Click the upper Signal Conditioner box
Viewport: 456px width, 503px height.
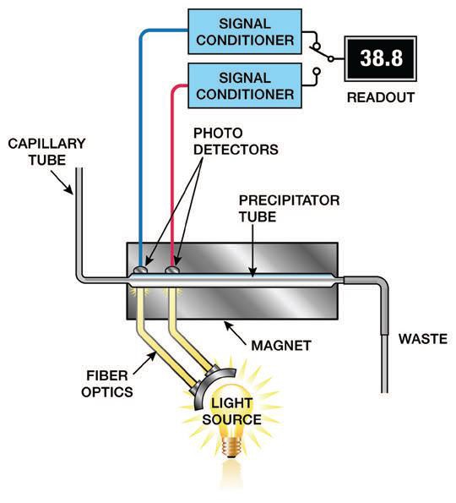coord(245,31)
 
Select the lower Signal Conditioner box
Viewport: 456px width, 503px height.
coord(245,85)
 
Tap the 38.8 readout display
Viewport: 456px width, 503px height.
coord(381,58)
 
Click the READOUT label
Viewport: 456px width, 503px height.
coord(381,97)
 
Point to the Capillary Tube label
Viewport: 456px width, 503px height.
coord(46,151)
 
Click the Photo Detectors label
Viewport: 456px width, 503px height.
coord(236,141)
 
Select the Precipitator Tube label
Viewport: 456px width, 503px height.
coord(289,209)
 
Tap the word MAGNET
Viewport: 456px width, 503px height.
coord(281,346)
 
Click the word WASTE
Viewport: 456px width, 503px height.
coord(423,339)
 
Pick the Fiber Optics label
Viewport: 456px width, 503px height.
coord(107,384)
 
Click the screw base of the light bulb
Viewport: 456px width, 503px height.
coord(232,447)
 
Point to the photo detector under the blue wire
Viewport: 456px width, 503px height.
coord(140,270)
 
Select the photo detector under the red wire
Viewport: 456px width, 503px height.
coord(172,270)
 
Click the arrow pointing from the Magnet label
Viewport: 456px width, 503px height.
coord(236,333)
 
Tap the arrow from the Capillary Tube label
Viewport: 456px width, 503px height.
coord(62,182)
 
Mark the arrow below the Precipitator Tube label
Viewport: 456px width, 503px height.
coord(253,250)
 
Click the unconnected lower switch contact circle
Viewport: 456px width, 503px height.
coord(317,71)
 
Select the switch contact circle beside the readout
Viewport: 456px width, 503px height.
coord(331,58)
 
